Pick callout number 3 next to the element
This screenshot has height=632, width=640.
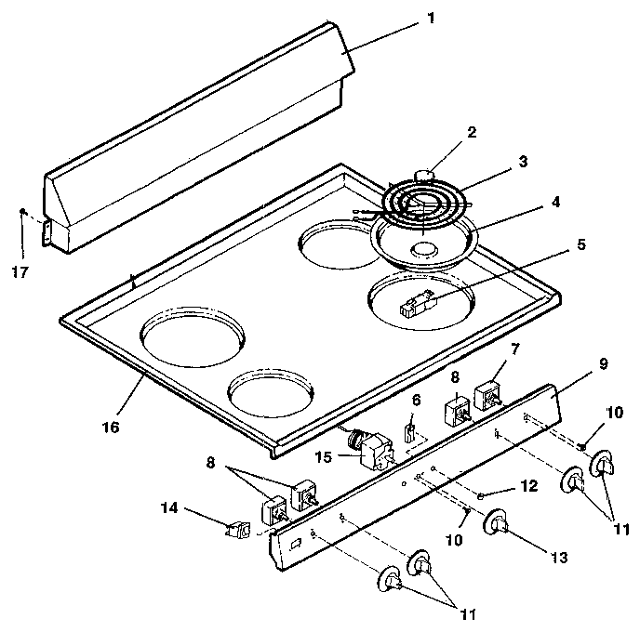pos(523,162)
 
